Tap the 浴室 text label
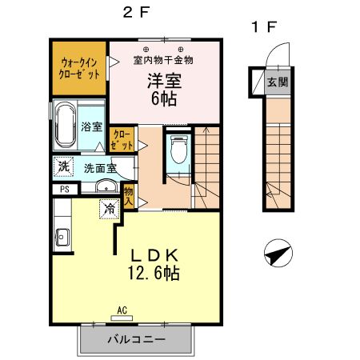click(91, 126)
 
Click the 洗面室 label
click(101, 168)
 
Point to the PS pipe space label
click(62, 190)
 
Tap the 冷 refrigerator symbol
click(107, 209)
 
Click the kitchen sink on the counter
click(62, 236)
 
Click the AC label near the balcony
click(122, 310)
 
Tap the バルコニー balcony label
click(136, 339)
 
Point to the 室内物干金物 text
click(162, 59)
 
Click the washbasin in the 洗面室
click(104, 188)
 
